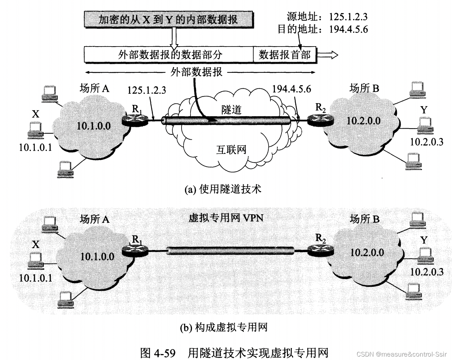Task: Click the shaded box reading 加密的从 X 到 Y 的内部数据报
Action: click(168, 19)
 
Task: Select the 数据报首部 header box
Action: click(285, 54)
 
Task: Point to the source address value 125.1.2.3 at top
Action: click(348, 17)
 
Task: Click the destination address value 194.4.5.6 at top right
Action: click(348, 29)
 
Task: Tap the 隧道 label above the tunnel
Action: click(231, 110)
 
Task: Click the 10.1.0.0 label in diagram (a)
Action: click(93, 126)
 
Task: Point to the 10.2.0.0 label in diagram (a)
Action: click(363, 121)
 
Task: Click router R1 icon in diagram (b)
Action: click(136, 250)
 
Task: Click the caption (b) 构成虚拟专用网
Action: click(224, 327)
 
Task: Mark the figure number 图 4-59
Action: click(158, 353)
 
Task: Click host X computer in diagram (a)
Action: click(35, 130)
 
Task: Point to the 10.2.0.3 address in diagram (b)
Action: click(427, 272)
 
